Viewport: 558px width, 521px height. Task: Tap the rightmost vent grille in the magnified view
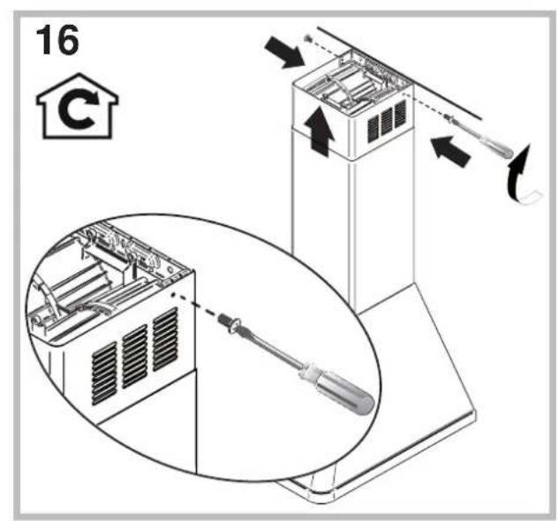click(x=165, y=334)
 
